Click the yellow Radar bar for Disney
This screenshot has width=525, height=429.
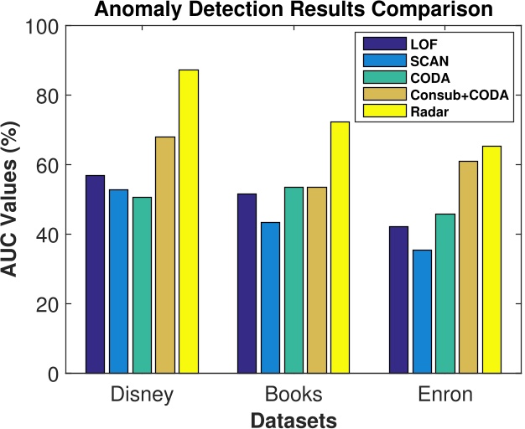188,221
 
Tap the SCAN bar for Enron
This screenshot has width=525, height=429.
422,311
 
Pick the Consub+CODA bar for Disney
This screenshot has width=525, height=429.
164,255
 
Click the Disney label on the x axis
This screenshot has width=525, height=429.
141,394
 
